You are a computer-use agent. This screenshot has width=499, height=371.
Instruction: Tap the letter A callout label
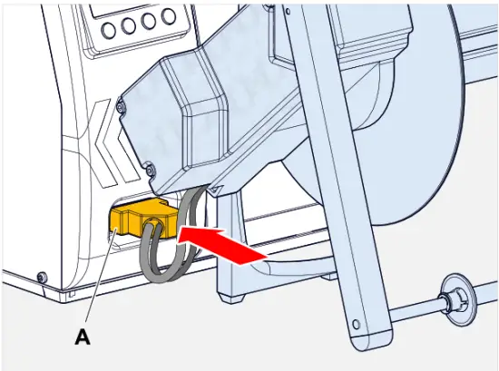[x=82, y=337]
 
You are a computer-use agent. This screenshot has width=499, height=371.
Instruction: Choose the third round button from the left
[x=149, y=23]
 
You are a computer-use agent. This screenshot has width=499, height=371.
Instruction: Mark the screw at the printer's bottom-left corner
[x=40, y=277]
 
